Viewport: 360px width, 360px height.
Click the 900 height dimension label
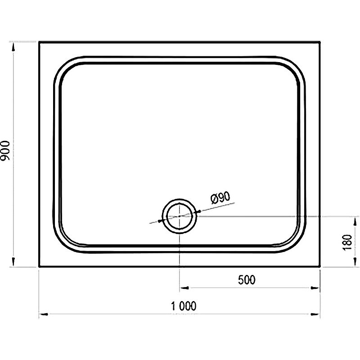tap(6, 153)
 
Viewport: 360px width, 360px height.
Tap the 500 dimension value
tap(246, 280)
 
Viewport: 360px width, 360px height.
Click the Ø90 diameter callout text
tap(220, 197)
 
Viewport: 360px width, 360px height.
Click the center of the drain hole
tap(180, 216)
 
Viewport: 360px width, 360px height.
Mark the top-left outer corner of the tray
tap(39, 42)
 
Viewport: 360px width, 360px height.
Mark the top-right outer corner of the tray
tap(320, 42)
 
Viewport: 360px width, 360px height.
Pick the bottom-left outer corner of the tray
tap(39, 267)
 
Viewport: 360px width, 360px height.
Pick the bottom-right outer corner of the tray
tap(320, 267)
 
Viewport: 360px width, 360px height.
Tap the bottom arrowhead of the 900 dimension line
tap(13, 263)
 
